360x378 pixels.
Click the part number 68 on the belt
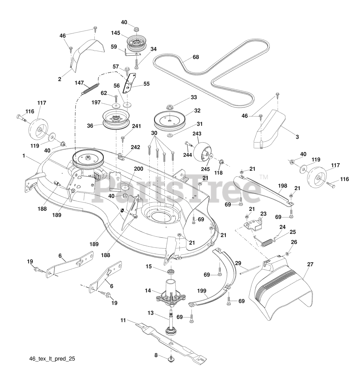[x=196, y=57]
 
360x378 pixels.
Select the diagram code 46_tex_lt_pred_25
[x=50, y=359]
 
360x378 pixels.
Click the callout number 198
[x=283, y=186]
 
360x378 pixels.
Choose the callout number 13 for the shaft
[x=151, y=313]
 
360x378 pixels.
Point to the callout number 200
[x=138, y=169]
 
